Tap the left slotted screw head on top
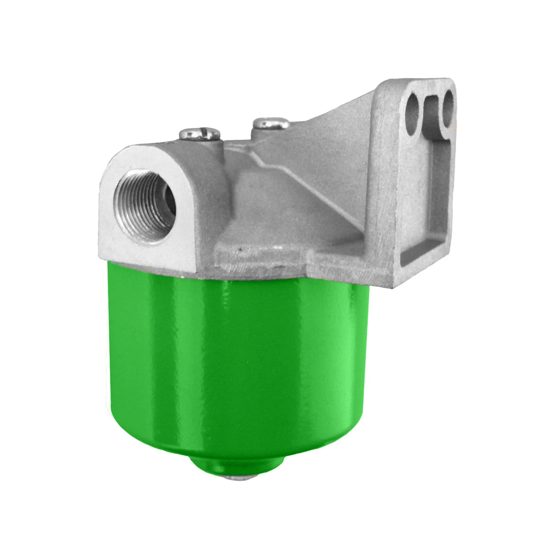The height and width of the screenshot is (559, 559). coord(200,132)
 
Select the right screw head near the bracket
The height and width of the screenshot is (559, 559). coord(271,123)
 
